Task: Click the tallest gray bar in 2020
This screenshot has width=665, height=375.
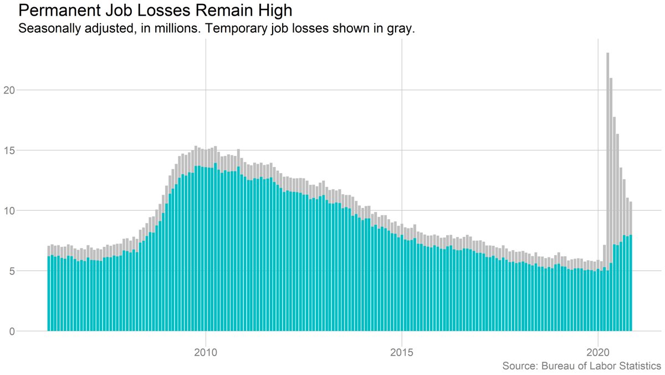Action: click(608, 166)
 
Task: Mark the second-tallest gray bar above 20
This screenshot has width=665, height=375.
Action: click(611, 166)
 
